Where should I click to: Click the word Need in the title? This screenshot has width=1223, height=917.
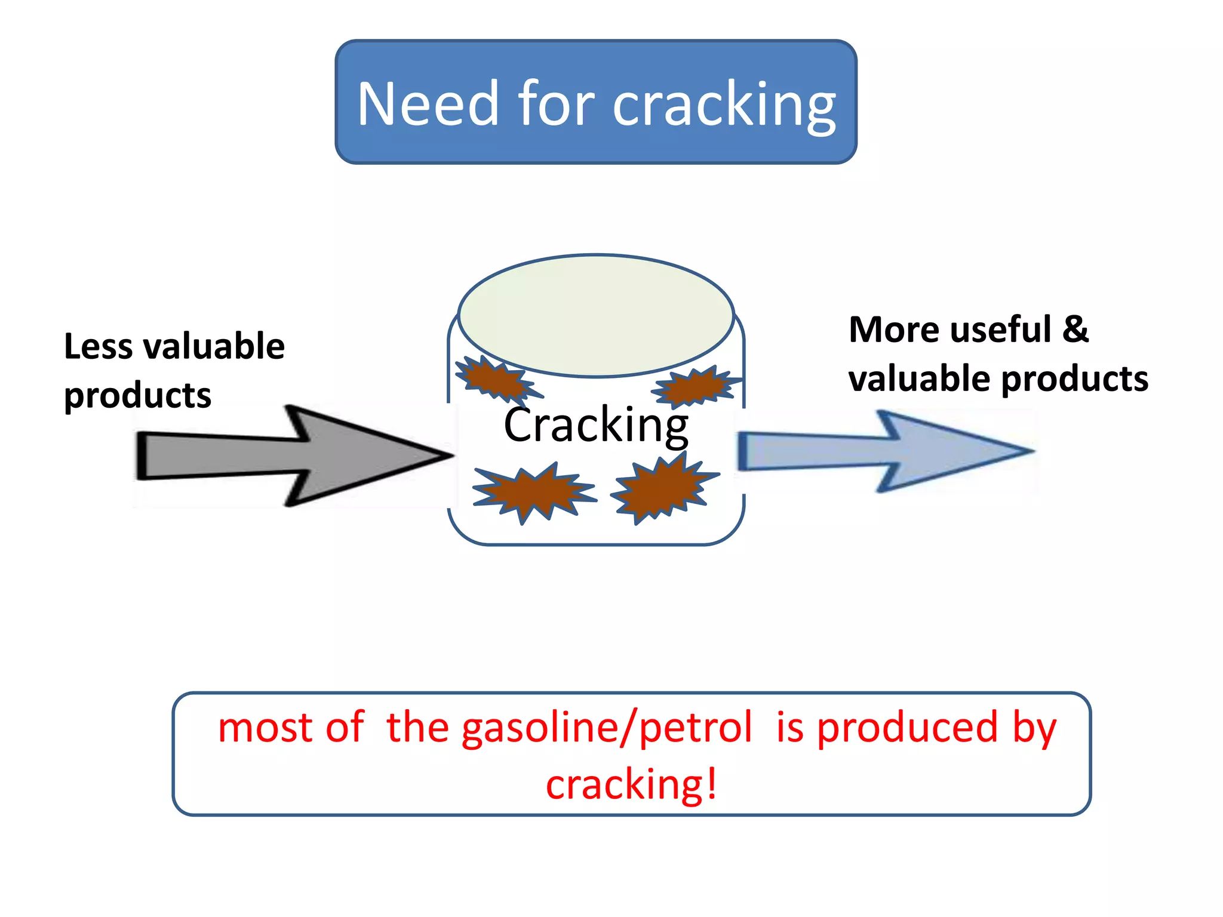(x=428, y=104)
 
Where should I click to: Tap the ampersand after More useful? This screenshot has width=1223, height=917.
(x=1075, y=330)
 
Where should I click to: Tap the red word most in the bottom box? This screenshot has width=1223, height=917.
(x=265, y=728)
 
